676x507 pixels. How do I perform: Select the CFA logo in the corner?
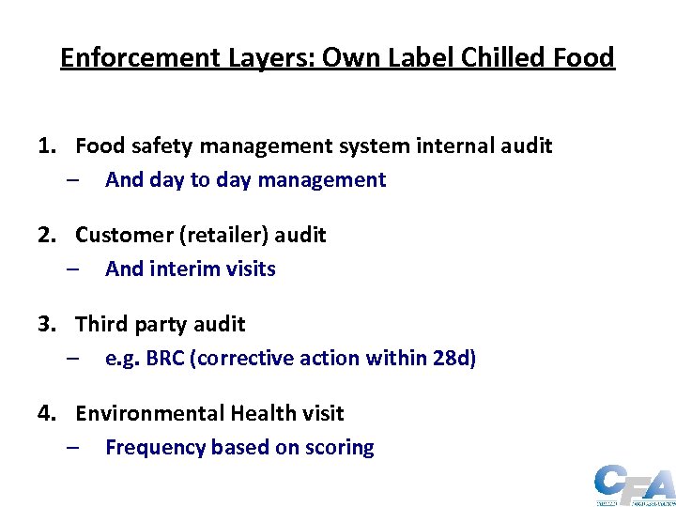click(x=634, y=485)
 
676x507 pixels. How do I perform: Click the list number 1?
click(x=44, y=146)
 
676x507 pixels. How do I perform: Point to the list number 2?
click(x=44, y=235)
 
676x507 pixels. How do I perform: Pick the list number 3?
click(x=44, y=324)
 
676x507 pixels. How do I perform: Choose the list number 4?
click(x=44, y=413)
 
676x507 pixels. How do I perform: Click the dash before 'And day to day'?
click(x=73, y=180)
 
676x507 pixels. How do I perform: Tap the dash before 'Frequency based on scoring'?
click(x=73, y=448)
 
